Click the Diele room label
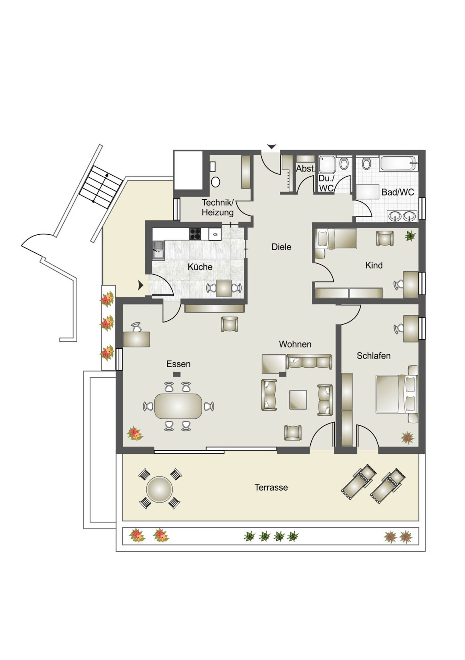(x=281, y=247)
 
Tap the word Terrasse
(x=271, y=487)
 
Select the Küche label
(x=200, y=267)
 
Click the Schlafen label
(x=374, y=356)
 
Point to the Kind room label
(x=374, y=265)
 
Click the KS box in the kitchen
(x=215, y=234)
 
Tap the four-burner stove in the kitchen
(x=195, y=234)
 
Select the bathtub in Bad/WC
(x=399, y=164)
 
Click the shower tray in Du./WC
(x=327, y=165)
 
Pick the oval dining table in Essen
(x=178, y=406)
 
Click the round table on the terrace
(x=159, y=489)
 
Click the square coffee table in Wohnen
(x=298, y=399)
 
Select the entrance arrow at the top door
(x=272, y=147)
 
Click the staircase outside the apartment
(x=101, y=187)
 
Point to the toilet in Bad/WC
(x=366, y=164)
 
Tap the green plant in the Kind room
(x=410, y=236)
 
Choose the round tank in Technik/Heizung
(x=215, y=182)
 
